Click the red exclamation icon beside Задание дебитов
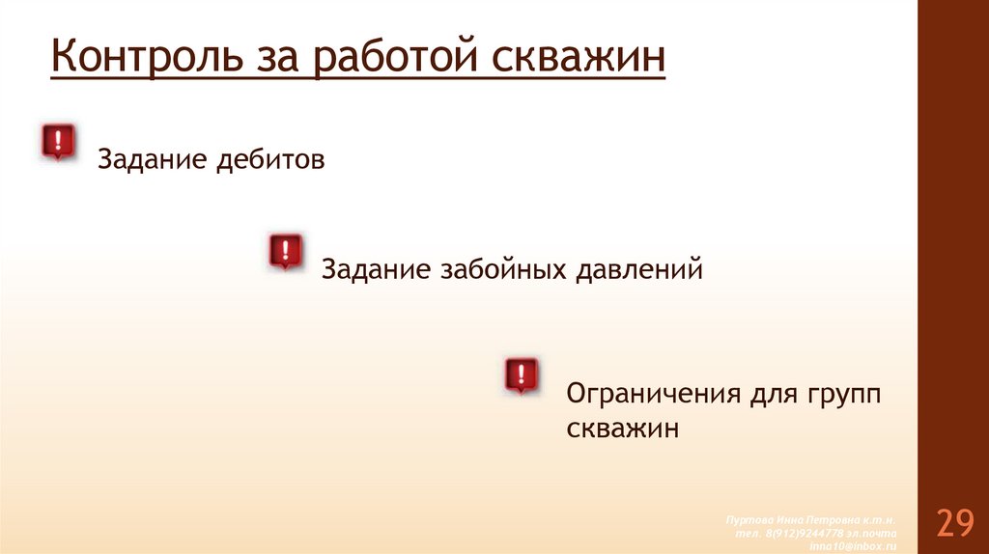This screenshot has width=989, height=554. click(x=57, y=142)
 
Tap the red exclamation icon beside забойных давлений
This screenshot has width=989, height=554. click(x=285, y=251)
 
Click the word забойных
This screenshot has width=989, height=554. click(x=504, y=269)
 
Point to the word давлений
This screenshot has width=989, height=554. click(x=639, y=269)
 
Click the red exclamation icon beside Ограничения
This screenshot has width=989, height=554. click(x=522, y=375)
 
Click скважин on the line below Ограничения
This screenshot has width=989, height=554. click(x=623, y=428)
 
